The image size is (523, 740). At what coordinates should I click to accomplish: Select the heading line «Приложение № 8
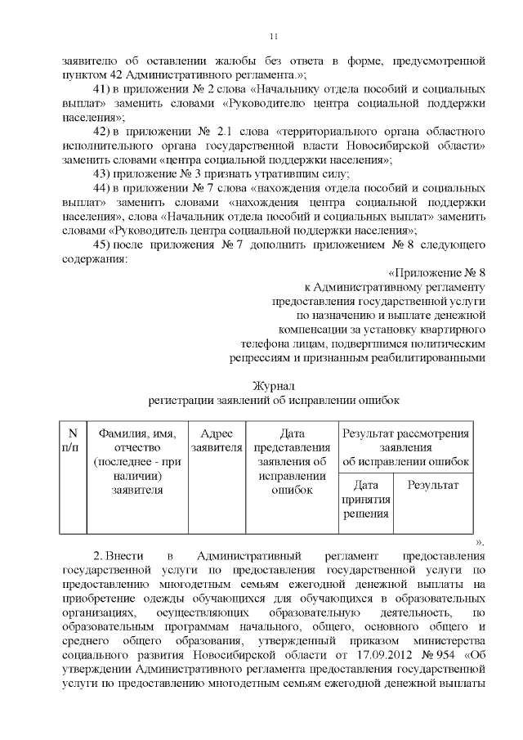[x=437, y=272]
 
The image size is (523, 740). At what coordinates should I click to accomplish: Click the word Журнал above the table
[x=274, y=385]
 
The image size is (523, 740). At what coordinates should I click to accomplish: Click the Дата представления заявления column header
[x=292, y=461]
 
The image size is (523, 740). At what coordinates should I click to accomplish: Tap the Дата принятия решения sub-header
[x=365, y=499]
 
